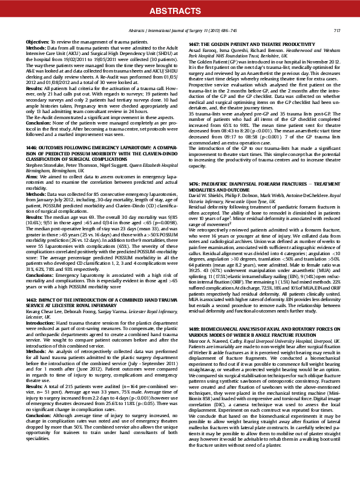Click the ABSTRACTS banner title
[180, 10]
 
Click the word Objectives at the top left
[38, 40]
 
